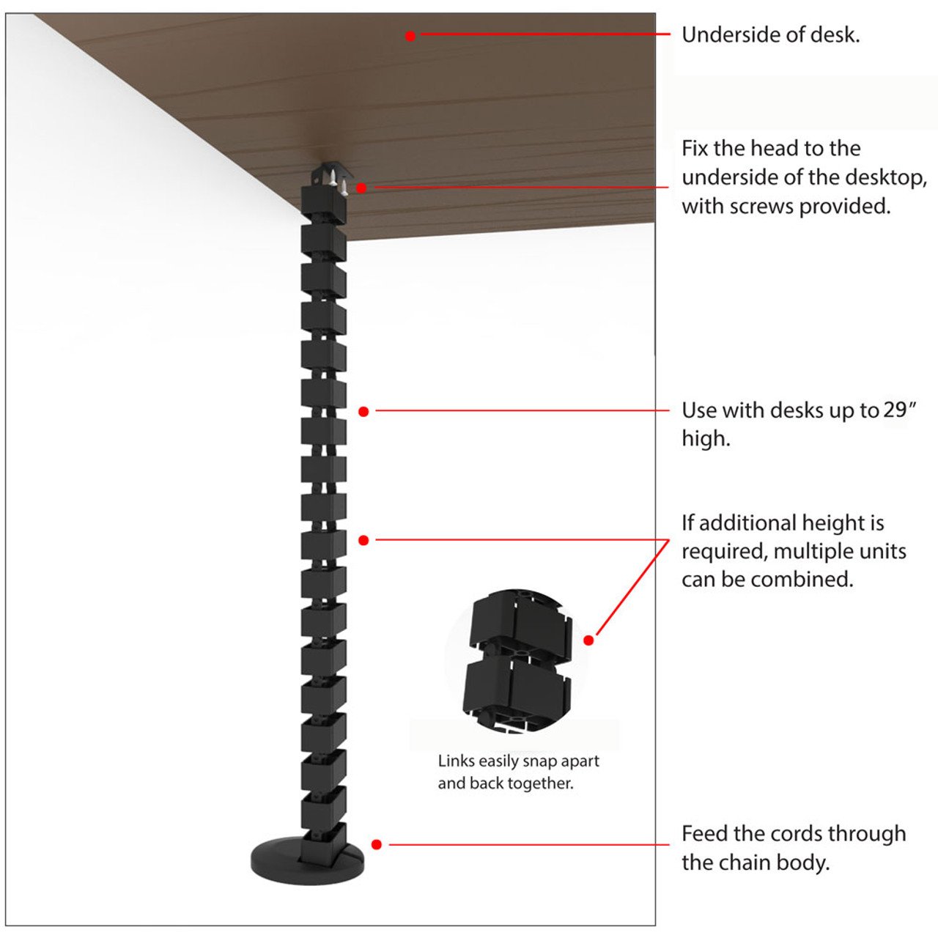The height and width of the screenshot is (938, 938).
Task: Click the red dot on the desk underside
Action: coord(410,35)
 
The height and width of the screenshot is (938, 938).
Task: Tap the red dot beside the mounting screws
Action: coord(361,188)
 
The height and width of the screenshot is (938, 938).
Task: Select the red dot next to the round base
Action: coord(376,844)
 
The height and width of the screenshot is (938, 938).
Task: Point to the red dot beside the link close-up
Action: coord(588,640)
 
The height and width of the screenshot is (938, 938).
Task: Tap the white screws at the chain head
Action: coord(338,181)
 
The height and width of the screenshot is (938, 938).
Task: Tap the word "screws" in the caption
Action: coord(761,207)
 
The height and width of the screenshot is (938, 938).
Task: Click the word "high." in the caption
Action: coord(706,438)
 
